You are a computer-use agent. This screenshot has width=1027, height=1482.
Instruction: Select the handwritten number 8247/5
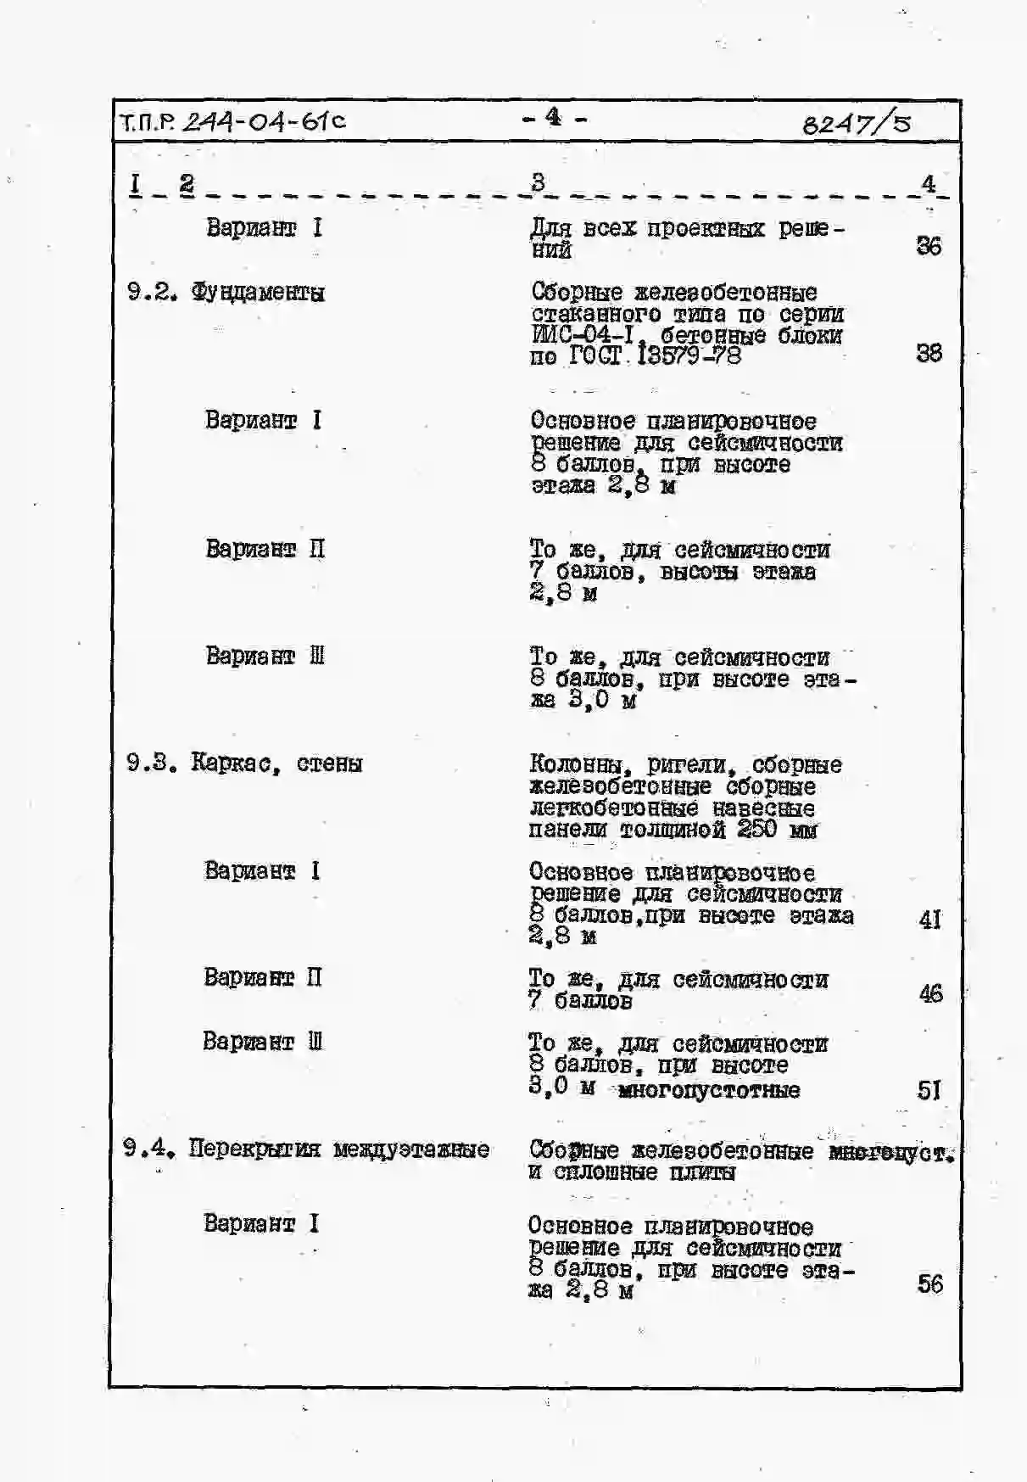[856, 124]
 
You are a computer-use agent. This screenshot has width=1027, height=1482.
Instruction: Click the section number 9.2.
[152, 293]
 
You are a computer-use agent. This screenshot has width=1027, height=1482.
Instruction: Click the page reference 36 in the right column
[929, 246]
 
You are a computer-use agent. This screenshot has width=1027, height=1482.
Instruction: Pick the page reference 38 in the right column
[929, 353]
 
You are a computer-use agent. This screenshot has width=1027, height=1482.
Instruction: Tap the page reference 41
[930, 920]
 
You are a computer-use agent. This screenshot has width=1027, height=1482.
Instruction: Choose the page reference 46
[930, 993]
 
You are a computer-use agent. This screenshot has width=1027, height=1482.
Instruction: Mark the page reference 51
[929, 1090]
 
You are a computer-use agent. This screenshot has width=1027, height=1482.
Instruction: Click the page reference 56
[929, 1283]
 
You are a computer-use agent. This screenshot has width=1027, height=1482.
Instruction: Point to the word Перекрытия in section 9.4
[254, 1149]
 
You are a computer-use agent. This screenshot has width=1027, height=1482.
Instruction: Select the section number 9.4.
[148, 1149]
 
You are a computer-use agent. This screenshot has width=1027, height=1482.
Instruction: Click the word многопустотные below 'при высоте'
[709, 1090]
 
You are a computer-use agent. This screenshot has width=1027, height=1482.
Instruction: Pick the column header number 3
[539, 182]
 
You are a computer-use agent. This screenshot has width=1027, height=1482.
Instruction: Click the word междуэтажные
[411, 1150]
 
